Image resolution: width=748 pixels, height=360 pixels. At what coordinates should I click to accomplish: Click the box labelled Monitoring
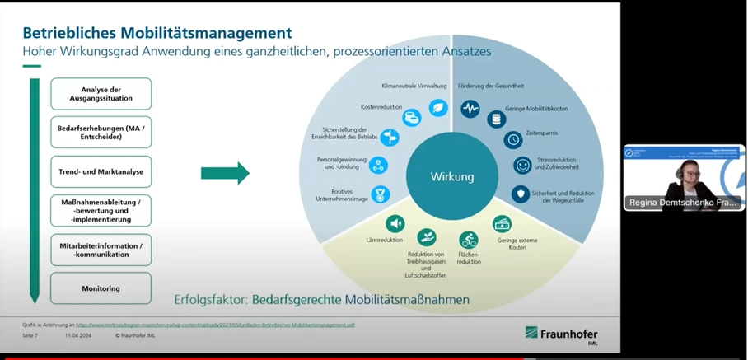[101, 288]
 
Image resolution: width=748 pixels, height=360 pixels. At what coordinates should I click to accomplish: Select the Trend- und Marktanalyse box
[101, 171]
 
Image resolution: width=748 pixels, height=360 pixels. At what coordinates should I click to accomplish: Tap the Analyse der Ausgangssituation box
[101, 94]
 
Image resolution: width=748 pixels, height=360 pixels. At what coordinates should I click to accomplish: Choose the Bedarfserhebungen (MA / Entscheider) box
[101, 133]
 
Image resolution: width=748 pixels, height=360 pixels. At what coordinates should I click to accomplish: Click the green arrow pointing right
[225, 173]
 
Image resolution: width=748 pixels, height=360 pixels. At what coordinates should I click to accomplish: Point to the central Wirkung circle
[452, 176]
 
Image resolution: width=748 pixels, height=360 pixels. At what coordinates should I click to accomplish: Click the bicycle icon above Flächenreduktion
[469, 241]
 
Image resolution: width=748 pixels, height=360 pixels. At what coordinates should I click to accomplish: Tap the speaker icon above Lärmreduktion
[395, 223]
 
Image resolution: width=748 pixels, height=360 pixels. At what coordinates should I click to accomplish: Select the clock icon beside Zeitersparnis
[512, 139]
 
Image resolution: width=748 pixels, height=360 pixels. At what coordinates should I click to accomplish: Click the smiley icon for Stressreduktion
[522, 166]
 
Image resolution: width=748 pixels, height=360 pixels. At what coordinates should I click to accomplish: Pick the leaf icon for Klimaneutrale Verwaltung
[437, 107]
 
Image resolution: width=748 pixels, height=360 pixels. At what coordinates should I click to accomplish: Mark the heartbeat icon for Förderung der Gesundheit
[470, 108]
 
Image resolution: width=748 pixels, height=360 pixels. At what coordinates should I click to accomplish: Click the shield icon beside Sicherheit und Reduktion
[521, 194]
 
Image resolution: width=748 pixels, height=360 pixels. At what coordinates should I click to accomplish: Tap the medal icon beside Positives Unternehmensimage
[380, 194]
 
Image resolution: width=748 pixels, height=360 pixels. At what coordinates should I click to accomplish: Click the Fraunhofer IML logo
[562, 334]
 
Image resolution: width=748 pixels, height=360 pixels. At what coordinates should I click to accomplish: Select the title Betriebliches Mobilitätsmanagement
[157, 33]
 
